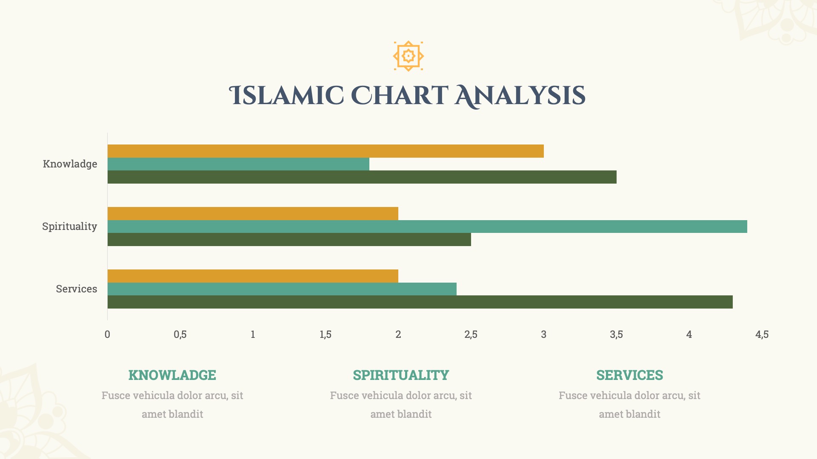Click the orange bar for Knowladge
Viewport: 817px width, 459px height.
click(326, 151)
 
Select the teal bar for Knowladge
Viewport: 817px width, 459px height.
click(238, 164)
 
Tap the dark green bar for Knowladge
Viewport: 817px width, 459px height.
click(362, 177)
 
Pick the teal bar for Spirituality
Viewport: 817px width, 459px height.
click(427, 227)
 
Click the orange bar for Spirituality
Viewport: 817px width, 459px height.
click(253, 214)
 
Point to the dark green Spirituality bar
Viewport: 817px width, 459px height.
click(289, 240)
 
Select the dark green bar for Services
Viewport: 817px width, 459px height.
click(420, 302)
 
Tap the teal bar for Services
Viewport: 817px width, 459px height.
click(282, 289)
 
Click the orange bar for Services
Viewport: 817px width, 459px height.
click(253, 276)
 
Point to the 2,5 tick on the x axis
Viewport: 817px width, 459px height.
click(471, 334)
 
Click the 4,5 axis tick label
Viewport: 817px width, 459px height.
click(762, 334)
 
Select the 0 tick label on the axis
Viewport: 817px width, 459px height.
click(107, 334)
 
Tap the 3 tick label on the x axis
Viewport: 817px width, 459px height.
click(543, 334)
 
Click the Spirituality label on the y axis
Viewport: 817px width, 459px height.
click(70, 227)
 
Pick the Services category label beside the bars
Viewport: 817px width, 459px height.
click(77, 289)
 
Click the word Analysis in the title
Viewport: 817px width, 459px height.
click(520, 96)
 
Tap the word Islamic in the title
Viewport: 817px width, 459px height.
click(286, 96)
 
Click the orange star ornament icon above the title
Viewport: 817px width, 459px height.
click(408, 56)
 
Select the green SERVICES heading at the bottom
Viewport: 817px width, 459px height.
click(629, 375)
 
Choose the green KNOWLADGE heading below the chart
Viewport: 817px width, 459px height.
click(172, 375)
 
